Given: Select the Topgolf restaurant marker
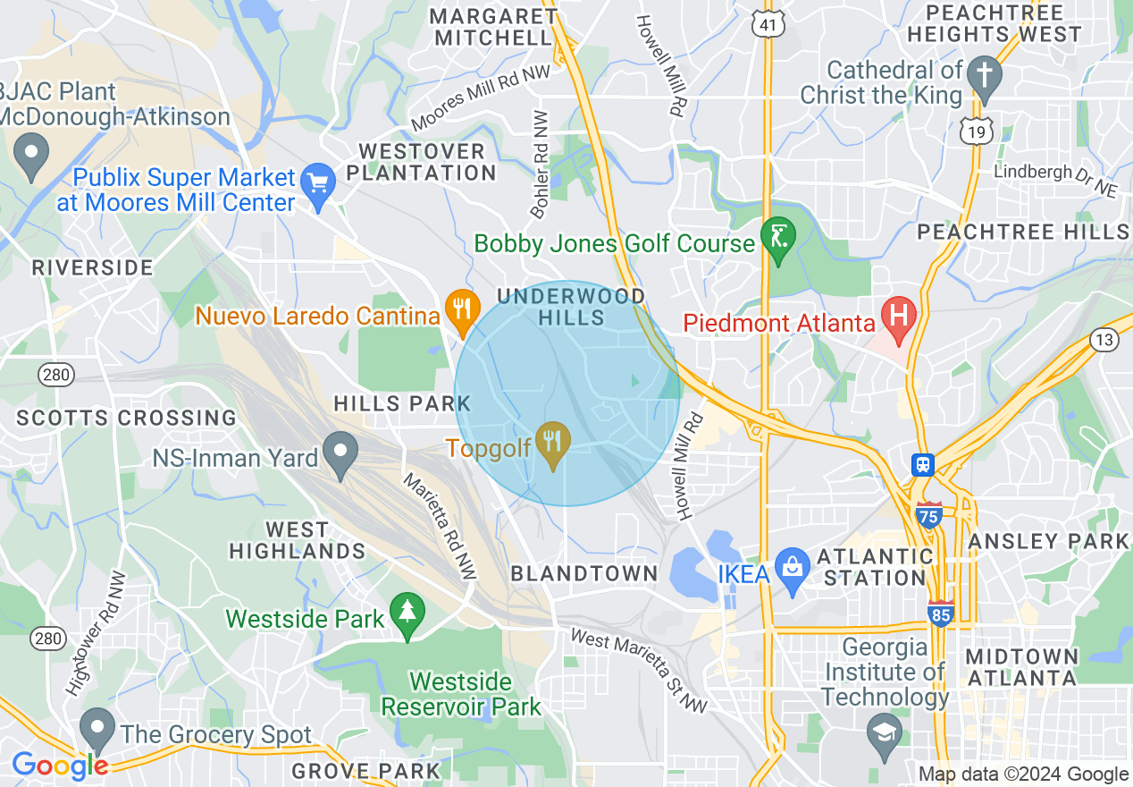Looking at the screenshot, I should click(554, 441).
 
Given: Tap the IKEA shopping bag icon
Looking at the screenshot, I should click(792, 566).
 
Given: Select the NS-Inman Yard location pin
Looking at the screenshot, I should click(340, 451).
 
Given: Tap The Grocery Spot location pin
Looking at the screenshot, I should click(97, 728).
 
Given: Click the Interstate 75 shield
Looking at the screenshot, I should click(929, 515).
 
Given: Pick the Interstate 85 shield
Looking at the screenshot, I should click(941, 614).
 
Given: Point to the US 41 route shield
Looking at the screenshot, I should click(768, 24).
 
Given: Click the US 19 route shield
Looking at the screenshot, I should click(978, 132).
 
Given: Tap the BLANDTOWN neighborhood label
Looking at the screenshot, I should click(584, 574).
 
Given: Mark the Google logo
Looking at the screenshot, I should click(59, 766).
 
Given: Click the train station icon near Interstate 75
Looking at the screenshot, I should click(922, 465).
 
